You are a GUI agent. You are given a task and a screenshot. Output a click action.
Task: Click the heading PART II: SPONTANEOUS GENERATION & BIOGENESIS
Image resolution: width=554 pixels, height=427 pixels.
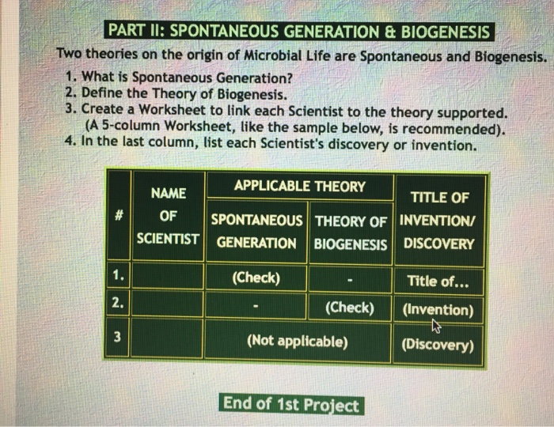(x=298, y=32)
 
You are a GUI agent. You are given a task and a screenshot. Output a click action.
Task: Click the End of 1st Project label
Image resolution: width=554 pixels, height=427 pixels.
(x=290, y=404)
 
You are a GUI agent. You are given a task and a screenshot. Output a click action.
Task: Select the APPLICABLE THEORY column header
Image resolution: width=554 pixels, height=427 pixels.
(x=299, y=187)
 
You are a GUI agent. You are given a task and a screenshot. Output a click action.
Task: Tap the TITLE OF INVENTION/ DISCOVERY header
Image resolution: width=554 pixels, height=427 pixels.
(x=439, y=220)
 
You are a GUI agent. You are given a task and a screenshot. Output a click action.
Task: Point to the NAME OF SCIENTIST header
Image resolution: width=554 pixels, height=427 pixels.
(x=168, y=216)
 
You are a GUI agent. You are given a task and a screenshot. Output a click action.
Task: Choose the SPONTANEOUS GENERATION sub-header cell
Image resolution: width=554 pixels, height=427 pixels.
(x=256, y=232)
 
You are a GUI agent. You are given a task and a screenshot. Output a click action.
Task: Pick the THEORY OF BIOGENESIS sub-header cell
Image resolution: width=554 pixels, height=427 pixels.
(x=351, y=232)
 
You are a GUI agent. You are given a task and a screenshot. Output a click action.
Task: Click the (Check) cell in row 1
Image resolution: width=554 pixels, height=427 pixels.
(x=256, y=278)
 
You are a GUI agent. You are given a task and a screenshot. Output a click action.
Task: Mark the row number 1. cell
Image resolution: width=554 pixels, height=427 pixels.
(x=118, y=276)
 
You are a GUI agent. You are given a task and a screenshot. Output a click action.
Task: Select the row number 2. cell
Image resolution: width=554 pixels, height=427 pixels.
(x=117, y=304)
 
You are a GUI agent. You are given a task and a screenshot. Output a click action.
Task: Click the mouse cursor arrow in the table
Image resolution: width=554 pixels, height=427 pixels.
(x=435, y=325)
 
